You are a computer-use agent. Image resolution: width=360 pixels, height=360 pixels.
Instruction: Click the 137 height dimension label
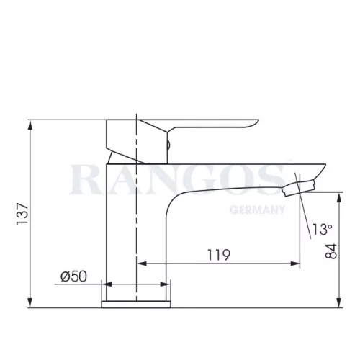(22, 214)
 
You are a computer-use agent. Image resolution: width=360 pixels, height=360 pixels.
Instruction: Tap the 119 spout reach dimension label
(219, 255)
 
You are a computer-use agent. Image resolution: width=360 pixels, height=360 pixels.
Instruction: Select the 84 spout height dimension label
(331, 251)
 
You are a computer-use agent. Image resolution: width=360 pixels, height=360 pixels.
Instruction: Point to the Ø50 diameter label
(73, 276)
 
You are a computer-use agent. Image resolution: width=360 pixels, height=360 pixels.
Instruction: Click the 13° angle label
(322, 229)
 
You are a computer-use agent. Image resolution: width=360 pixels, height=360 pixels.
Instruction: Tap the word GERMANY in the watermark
(257, 210)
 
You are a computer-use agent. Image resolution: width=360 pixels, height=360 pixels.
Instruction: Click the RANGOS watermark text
(179, 179)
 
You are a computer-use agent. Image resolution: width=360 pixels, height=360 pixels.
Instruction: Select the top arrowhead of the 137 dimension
(30, 125)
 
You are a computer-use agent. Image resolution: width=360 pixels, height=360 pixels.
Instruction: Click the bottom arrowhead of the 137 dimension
(30, 302)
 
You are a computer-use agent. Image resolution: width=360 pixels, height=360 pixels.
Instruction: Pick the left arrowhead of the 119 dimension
(142, 264)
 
